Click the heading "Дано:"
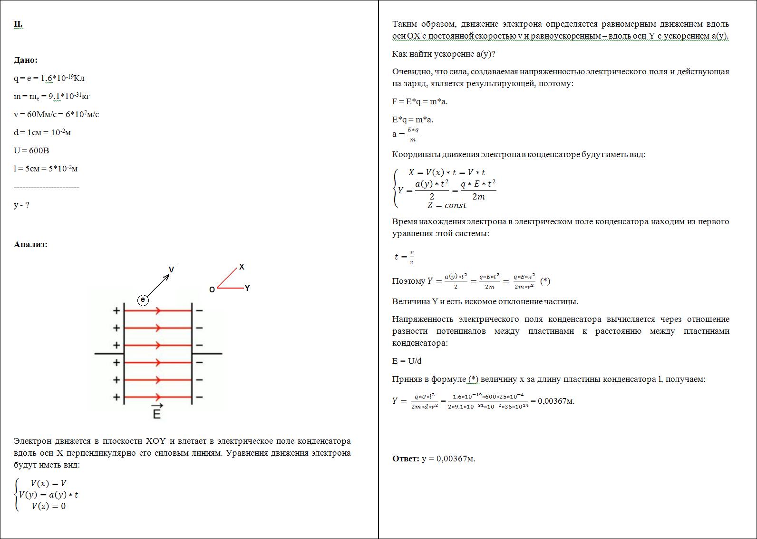(26, 60)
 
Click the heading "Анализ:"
(30, 244)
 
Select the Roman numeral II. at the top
(18, 24)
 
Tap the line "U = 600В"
(31, 150)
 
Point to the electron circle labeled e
(143, 300)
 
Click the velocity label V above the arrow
(172, 269)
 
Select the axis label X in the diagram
(242, 267)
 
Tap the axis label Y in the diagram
(247, 288)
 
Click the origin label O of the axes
(212, 289)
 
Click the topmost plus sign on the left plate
(116, 311)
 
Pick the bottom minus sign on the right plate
(200, 397)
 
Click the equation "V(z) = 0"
(49, 506)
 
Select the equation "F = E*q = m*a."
(420, 101)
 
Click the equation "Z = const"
(446, 205)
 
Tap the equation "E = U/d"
(407, 361)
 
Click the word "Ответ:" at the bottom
(406, 459)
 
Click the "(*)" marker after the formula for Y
(545, 281)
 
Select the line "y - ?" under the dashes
(21, 205)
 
